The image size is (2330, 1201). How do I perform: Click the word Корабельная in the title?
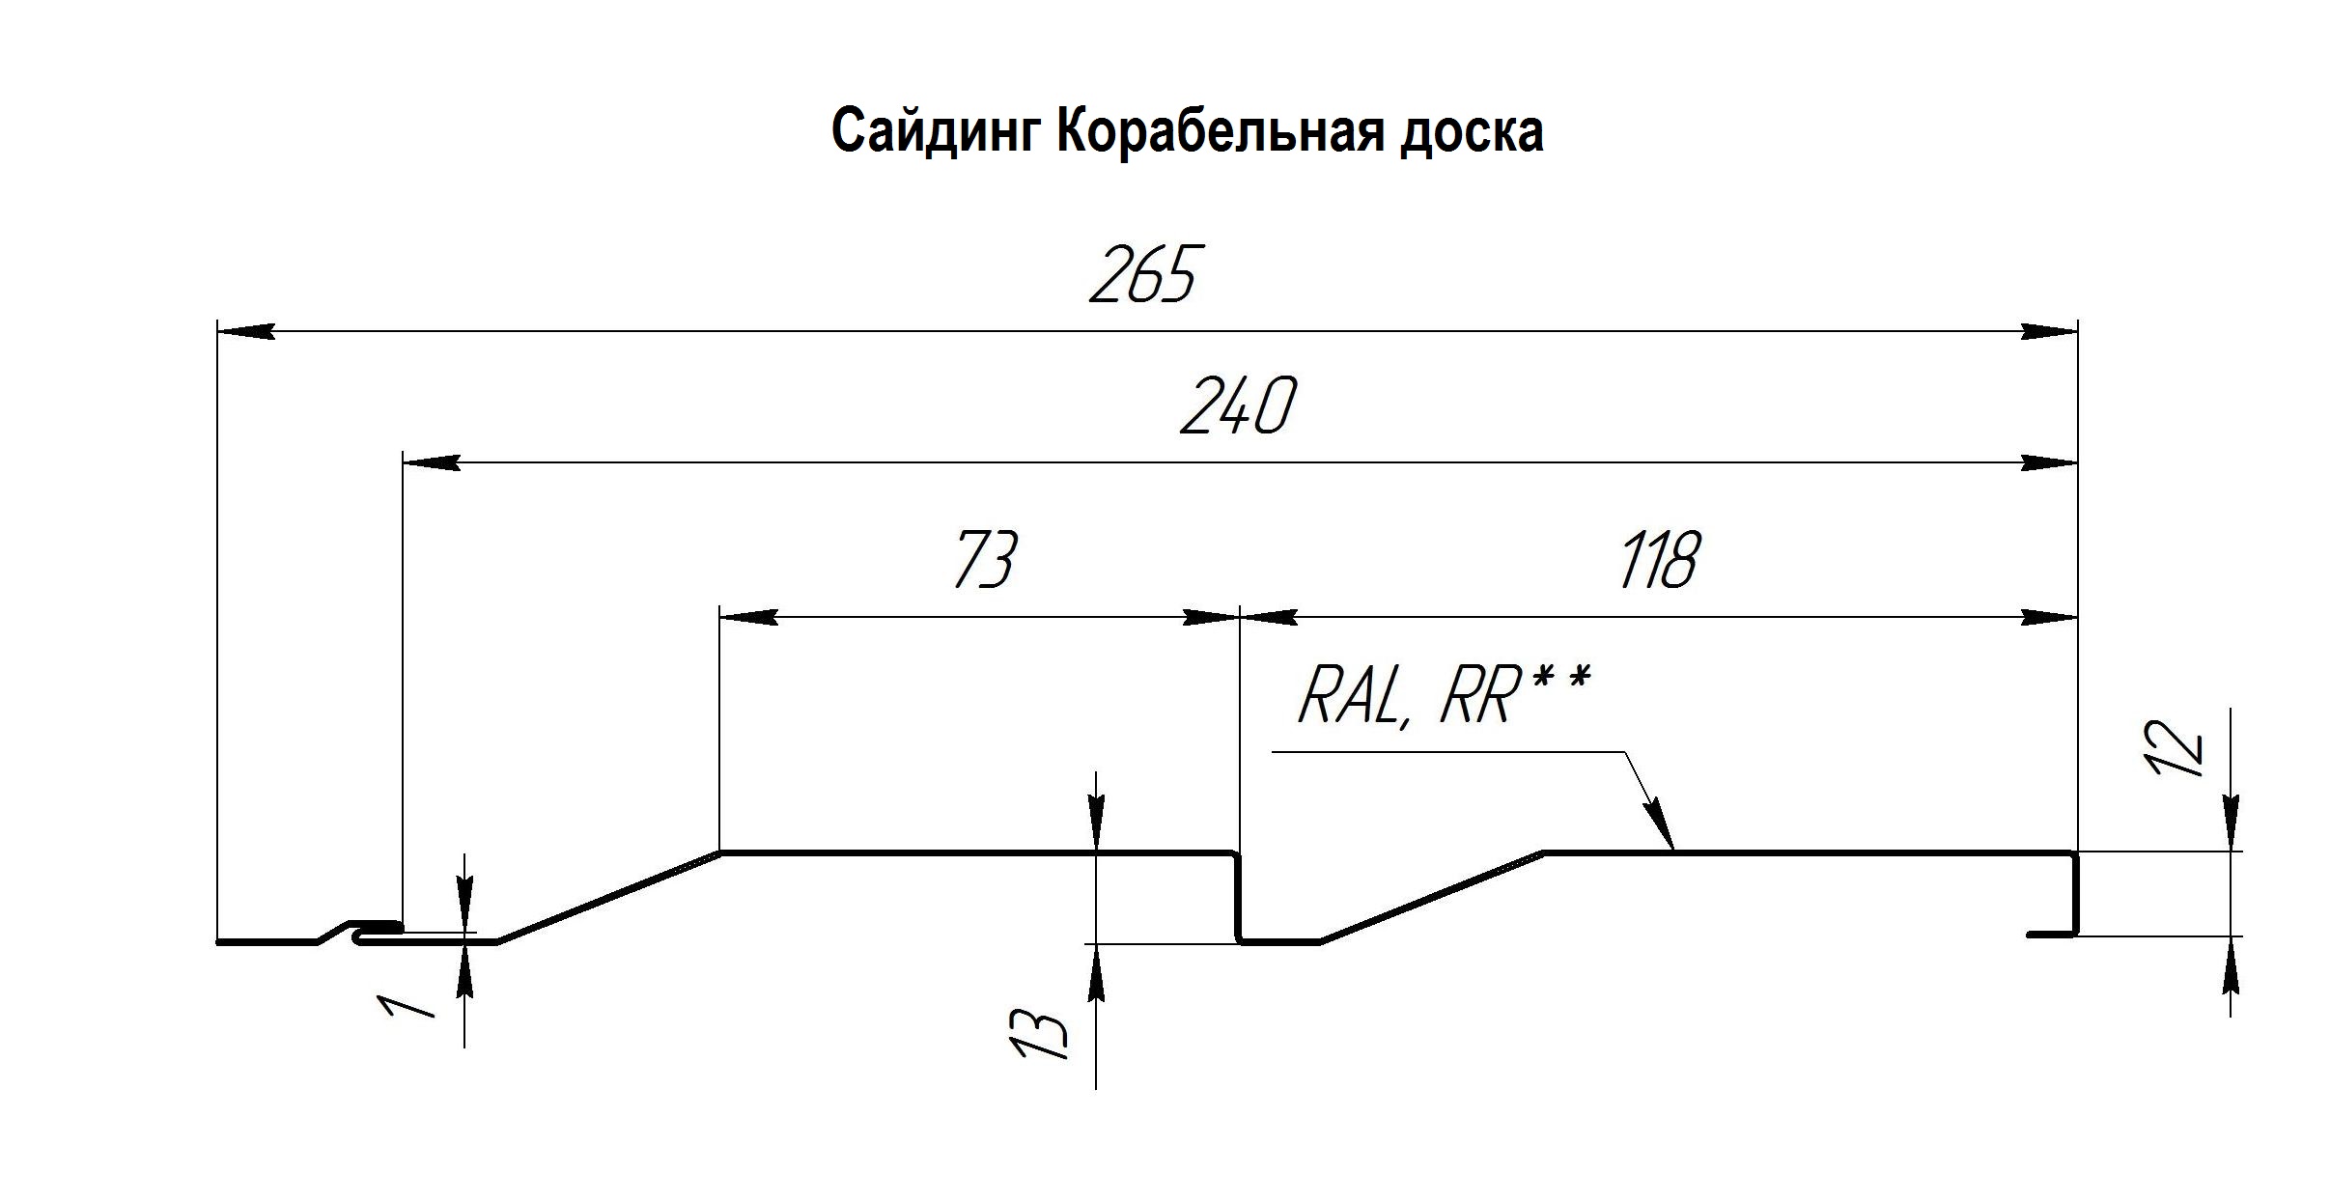(1214, 132)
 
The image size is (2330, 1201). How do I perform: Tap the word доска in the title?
(1470, 132)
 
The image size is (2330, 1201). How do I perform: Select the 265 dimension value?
(1143, 274)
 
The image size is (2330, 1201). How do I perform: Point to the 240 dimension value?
(1237, 406)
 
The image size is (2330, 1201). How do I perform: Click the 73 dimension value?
(985, 559)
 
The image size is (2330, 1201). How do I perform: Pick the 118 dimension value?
(1657, 560)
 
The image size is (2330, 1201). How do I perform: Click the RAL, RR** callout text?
(1444, 696)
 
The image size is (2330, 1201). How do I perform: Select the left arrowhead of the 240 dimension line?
(431, 463)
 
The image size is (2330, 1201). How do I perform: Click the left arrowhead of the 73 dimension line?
(748, 617)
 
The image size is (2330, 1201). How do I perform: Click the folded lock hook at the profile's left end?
(377, 931)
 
